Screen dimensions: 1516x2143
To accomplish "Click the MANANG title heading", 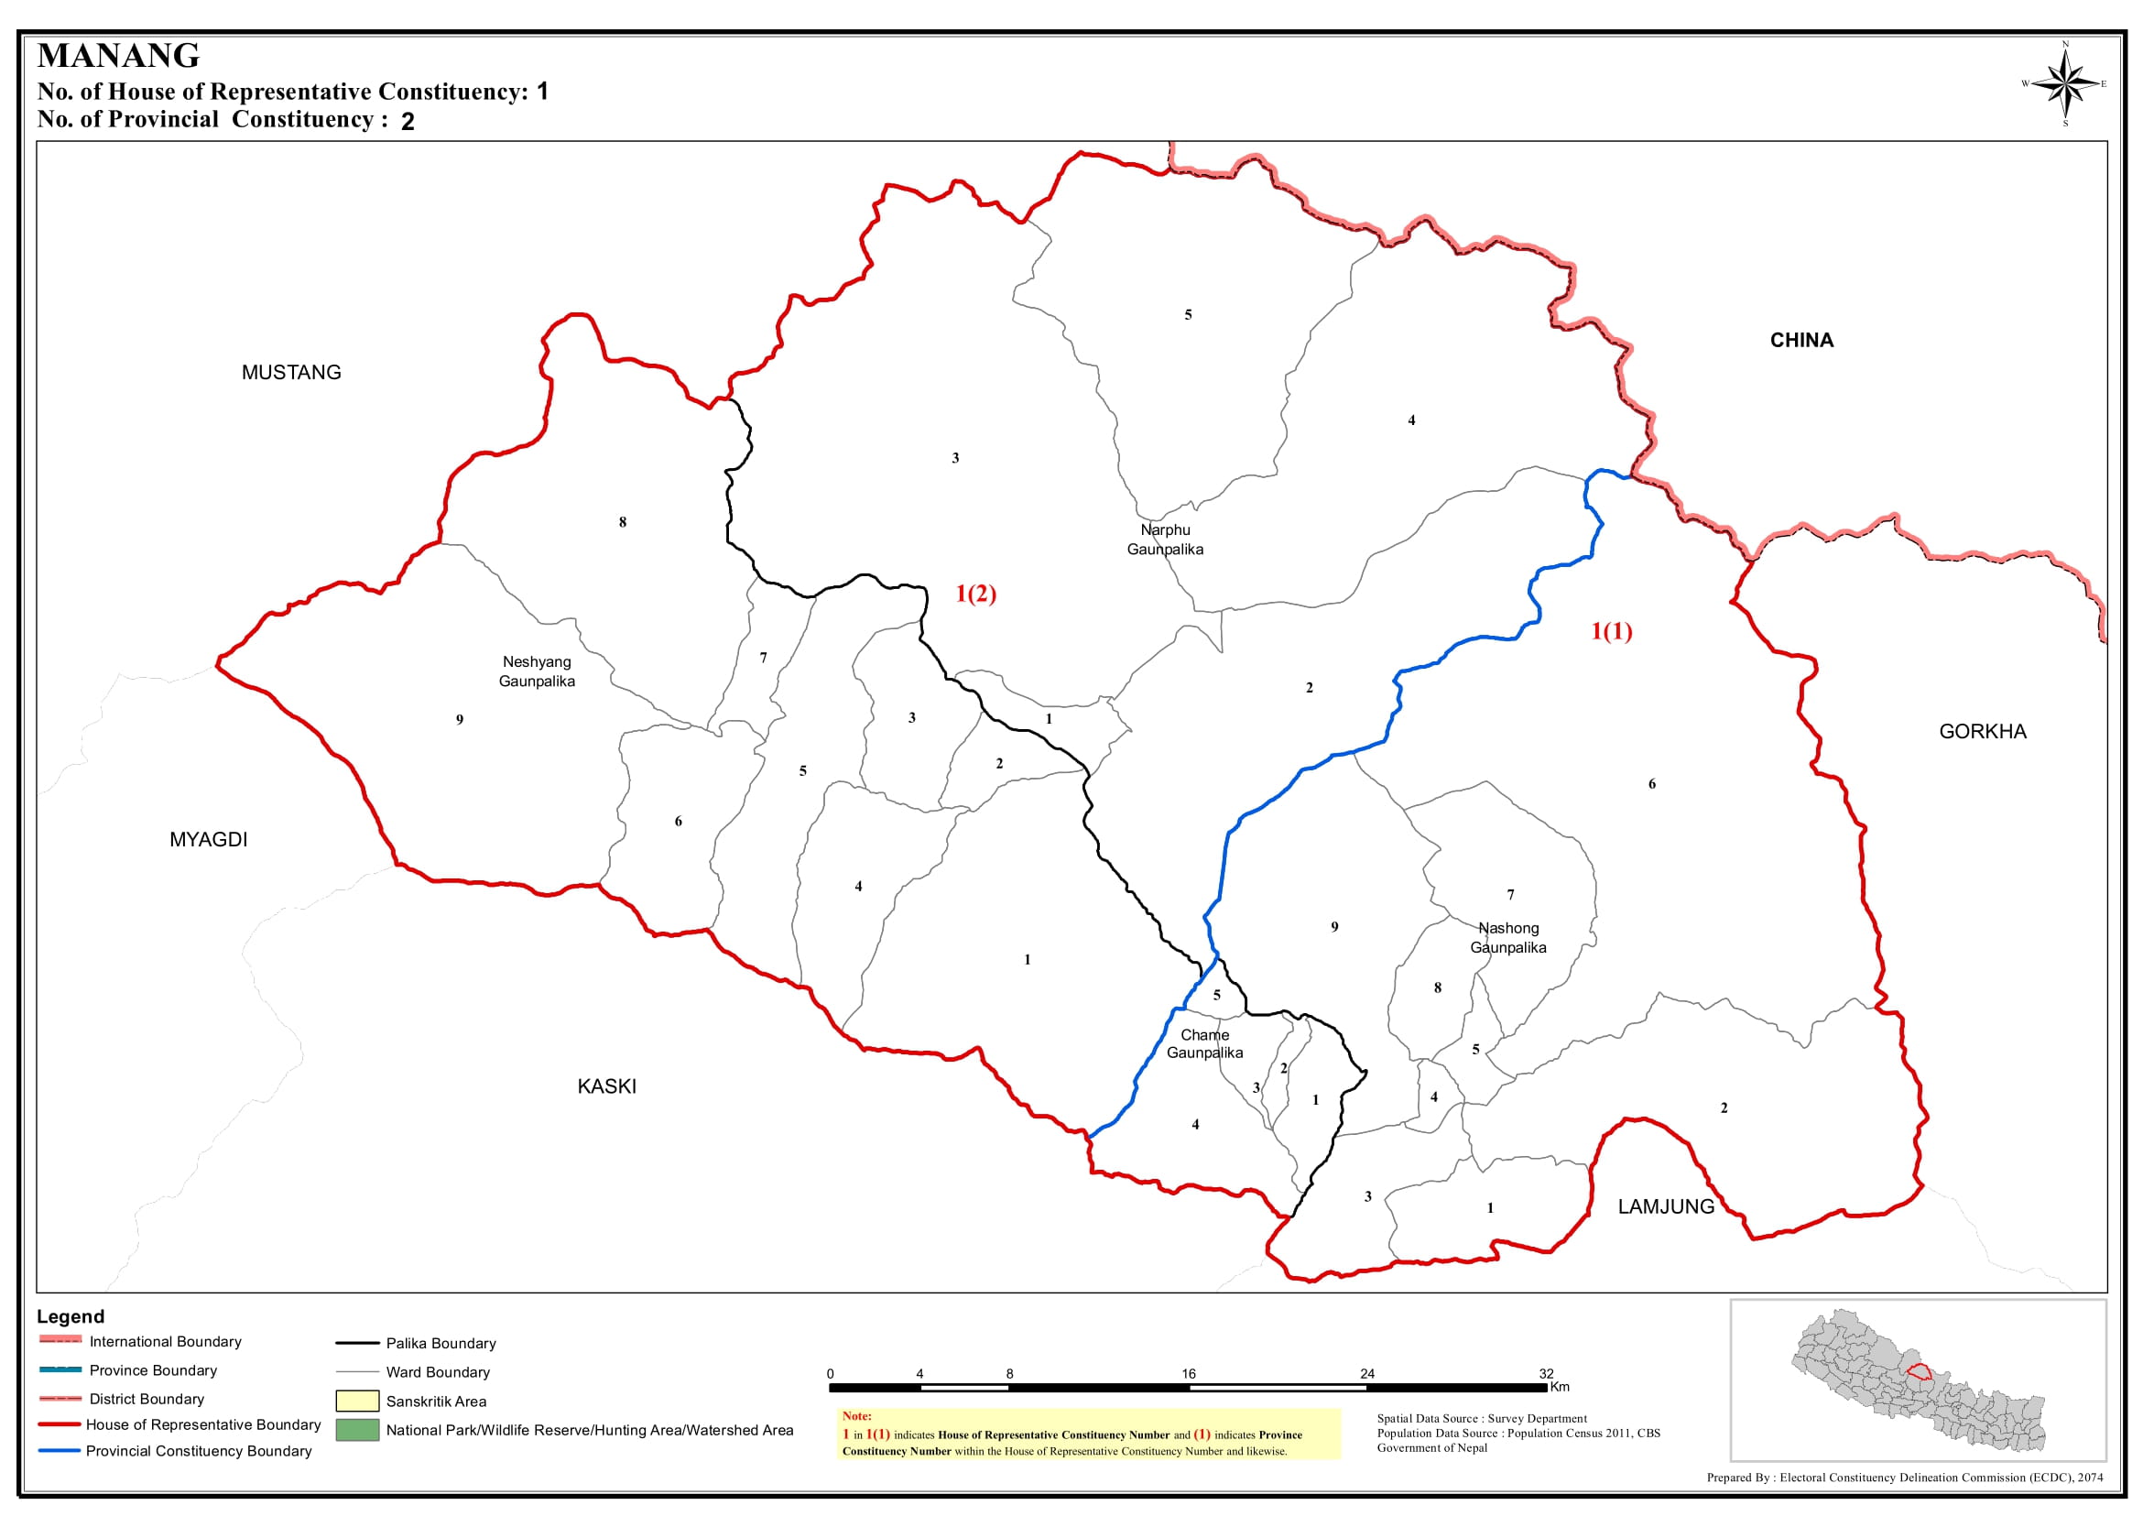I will [118, 55].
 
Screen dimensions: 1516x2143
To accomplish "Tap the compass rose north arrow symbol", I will [2065, 84].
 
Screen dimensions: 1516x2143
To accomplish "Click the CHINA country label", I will [1801, 341].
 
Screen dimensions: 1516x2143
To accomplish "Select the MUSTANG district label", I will [291, 373].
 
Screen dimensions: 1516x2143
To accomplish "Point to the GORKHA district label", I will [1983, 732].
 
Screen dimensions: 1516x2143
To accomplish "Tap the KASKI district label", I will [606, 1086].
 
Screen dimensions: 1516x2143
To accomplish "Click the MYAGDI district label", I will [208, 840].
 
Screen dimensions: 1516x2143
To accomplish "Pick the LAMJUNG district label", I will [1666, 1207].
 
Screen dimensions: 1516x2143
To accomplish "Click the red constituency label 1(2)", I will [975, 594].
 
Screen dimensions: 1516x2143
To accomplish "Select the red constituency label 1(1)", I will [1611, 632].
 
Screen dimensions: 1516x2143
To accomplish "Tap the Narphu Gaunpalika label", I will [1165, 540].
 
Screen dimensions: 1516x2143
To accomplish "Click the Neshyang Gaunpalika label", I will [537, 671].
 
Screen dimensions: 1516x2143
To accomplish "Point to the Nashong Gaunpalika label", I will [1508, 937].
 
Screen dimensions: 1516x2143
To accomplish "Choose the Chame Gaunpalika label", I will [1204, 1043].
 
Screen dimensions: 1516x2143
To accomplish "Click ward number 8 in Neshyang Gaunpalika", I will [623, 523].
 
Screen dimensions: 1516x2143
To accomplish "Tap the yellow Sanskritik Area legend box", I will [356, 1401].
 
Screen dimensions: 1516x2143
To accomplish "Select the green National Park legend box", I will [356, 1430].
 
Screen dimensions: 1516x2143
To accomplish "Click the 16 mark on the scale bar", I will [1188, 1374].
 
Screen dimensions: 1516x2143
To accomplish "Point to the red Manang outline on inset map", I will [1919, 1372].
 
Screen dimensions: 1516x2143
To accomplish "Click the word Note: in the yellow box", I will [856, 1416].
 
